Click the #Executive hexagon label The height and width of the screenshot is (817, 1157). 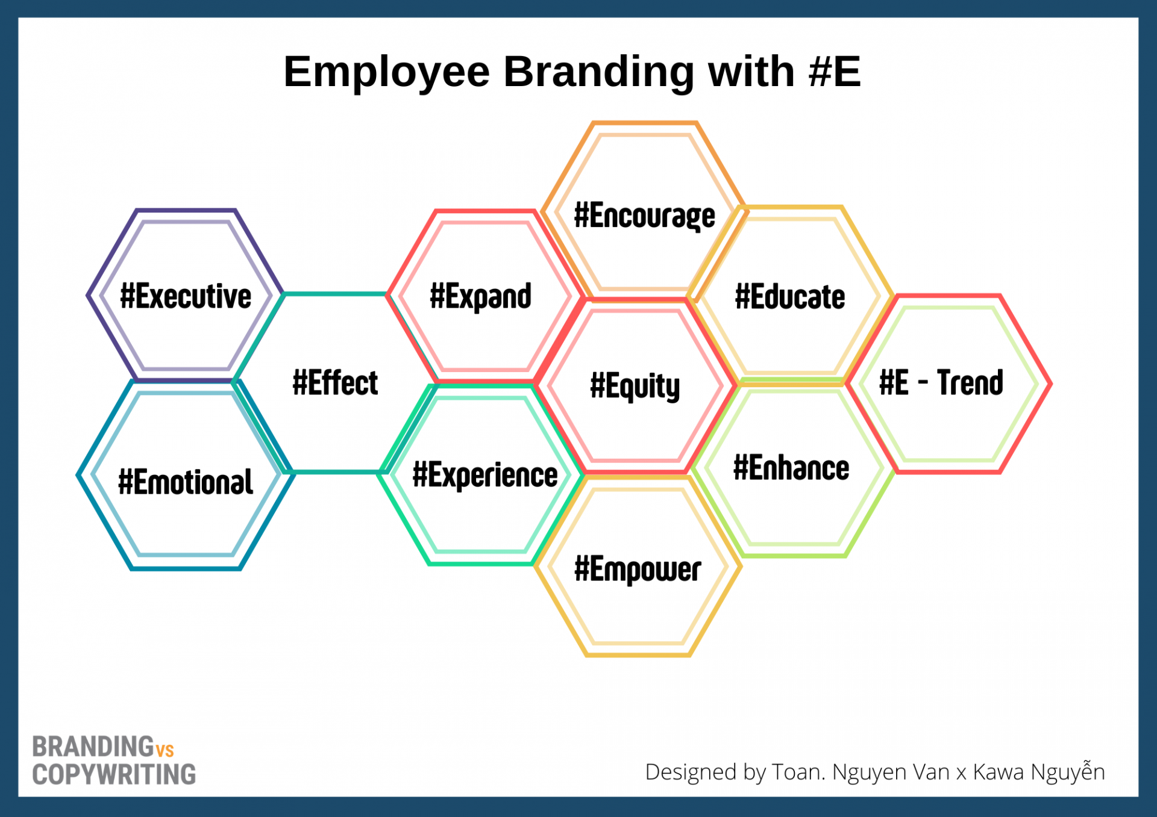tap(186, 296)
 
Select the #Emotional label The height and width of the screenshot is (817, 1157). tap(186, 482)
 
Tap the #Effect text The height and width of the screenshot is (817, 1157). tap(335, 383)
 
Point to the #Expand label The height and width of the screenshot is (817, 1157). tap(480, 297)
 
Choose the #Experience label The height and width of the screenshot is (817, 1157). tap(485, 475)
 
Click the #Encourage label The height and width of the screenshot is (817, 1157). tap(645, 216)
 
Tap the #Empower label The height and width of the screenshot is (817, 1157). tap(638, 570)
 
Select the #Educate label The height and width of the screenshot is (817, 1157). tap(790, 297)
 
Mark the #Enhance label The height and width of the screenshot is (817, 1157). tap(791, 468)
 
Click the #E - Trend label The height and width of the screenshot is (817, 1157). tap(941, 383)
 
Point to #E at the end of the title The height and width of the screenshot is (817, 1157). tap(835, 71)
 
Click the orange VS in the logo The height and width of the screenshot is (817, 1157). tap(165, 750)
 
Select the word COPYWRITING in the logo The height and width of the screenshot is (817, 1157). tap(114, 775)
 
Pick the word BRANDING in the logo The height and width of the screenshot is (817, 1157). tap(93, 747)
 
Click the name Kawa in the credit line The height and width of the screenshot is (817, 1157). tap(999, 772)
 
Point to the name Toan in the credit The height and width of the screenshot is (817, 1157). tap(798, 772)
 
